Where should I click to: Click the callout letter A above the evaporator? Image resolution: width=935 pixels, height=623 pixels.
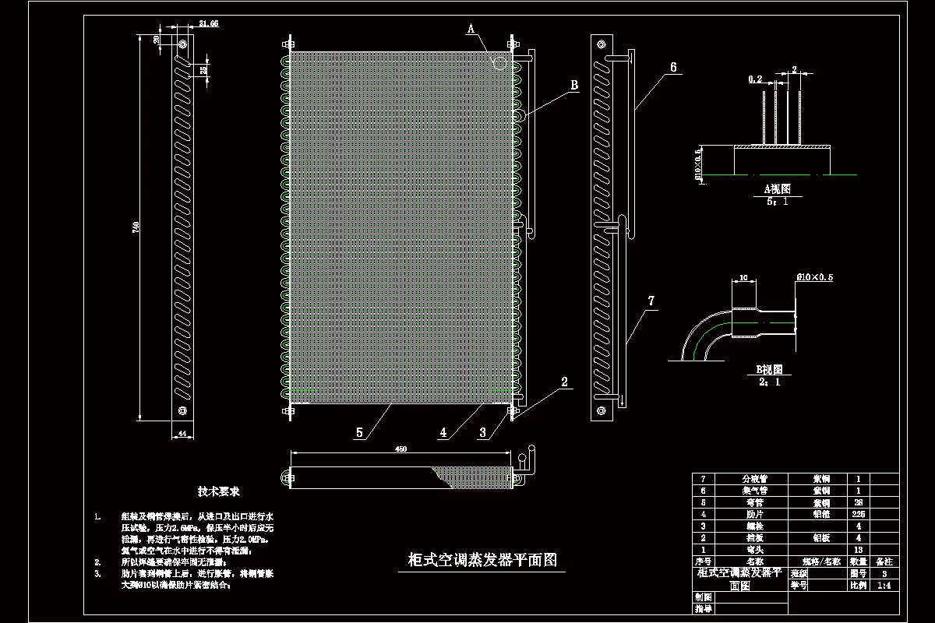471,28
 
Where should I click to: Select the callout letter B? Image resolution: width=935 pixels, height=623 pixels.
574,85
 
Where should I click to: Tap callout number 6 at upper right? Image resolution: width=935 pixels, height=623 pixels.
672,68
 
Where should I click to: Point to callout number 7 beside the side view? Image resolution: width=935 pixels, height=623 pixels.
651,300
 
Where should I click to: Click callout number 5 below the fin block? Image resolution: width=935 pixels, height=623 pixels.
359,432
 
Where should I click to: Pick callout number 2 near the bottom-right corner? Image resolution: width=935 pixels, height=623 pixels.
564,382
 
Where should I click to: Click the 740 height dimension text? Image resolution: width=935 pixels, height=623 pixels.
136,227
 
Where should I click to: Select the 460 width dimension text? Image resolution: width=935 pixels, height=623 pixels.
401,449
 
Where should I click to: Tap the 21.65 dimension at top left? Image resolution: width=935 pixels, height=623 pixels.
187,25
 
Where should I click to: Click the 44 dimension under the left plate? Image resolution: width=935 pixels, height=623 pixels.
183,433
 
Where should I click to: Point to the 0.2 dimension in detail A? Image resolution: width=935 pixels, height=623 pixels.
755,79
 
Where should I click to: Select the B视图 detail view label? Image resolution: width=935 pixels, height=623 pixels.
770,370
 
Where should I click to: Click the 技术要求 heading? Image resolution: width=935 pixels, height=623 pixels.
219,492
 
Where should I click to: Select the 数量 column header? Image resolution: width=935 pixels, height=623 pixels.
859,561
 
